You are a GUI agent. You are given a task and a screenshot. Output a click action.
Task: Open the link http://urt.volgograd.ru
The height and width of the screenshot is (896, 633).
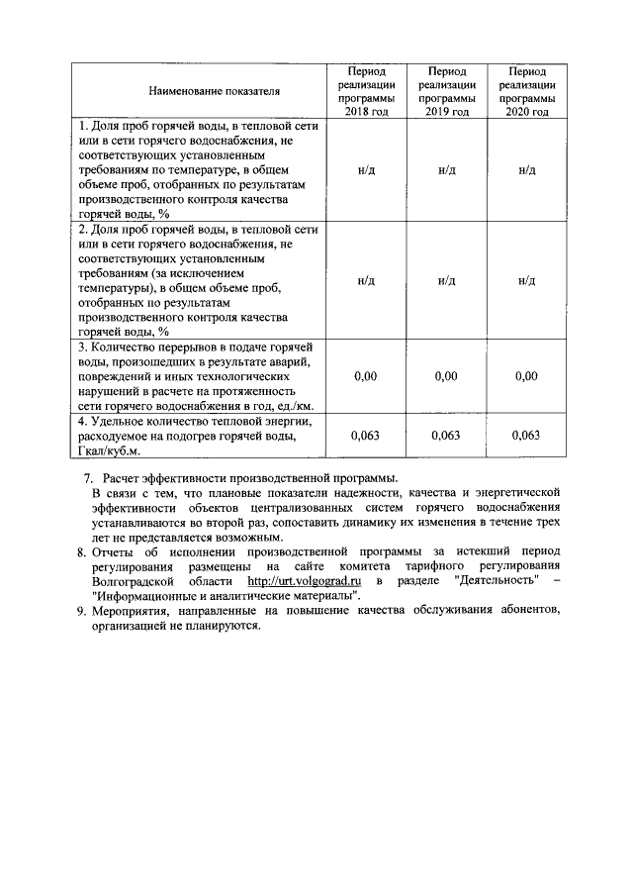[304, 581]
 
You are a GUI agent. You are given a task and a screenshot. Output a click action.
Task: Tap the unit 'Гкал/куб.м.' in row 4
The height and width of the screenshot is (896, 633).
[110, 451]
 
